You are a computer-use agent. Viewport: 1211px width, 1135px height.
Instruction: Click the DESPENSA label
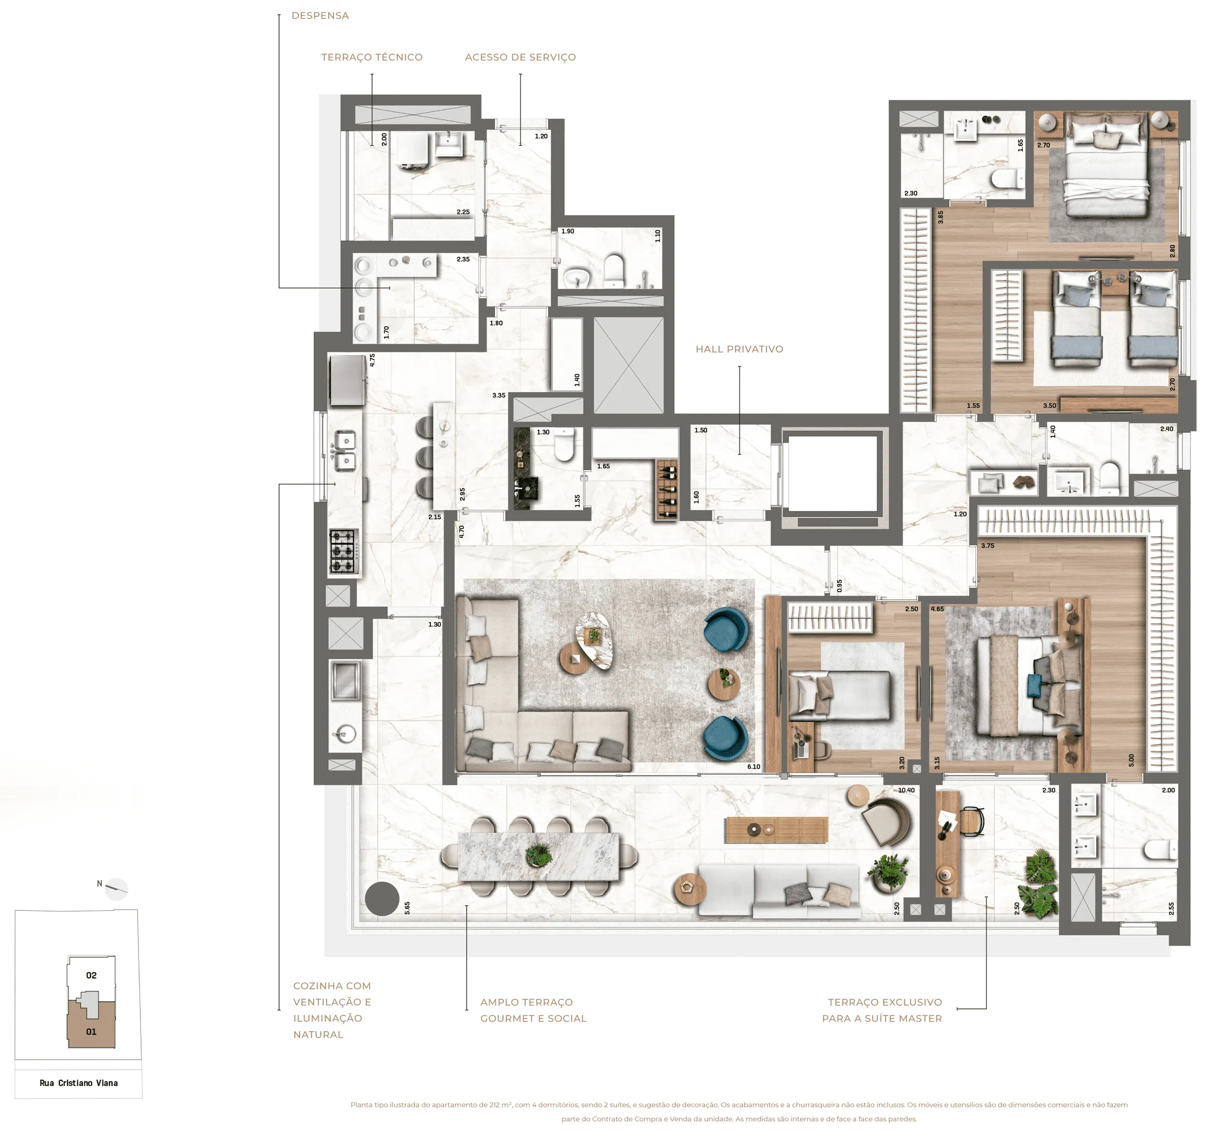coord(320,16)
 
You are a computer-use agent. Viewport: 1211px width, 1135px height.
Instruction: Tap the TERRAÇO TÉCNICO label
coord(371,57)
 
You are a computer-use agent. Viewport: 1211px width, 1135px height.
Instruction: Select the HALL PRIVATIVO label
coord(739,349)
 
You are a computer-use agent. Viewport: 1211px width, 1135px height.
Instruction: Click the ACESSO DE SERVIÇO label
coord(520,57)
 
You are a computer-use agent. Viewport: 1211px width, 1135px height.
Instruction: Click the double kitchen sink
coord(345,451)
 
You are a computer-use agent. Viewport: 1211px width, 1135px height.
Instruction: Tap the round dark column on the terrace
coord(382,899)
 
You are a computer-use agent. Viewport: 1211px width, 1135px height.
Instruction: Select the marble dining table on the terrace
coord(539,857)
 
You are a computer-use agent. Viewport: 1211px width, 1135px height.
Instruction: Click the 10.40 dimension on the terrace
coord(906,790)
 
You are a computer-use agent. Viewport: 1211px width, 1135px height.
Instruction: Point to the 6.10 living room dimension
coord(754,767)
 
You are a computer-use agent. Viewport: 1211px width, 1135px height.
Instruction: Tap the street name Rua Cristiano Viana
coord(79,1083)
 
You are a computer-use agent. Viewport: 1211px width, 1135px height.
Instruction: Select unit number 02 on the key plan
coord(92,975)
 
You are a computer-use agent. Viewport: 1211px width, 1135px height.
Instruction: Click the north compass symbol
coord(116,889)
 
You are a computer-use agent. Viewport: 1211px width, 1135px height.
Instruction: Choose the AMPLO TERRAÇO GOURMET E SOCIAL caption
coord(533,1010)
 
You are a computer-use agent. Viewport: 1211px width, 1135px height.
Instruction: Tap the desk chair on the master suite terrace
coord(972,821)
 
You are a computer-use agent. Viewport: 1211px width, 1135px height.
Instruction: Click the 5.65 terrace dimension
coord(407,908)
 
